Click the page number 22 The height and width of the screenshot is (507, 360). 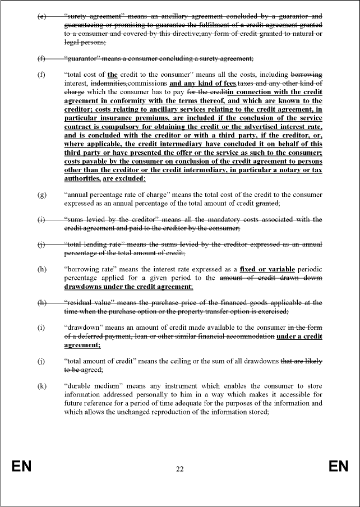pos(179,469)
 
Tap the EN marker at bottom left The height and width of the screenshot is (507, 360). pos(21,467)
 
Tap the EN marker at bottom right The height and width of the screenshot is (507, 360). pos(338,467)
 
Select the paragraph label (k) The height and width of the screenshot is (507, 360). pos(41,386)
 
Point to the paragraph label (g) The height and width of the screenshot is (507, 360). pos(41,195)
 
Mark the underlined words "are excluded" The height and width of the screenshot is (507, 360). pos(123,178)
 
